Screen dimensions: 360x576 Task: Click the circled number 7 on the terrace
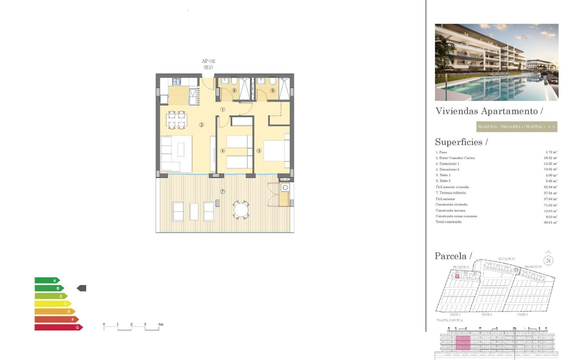[x=223, y=191]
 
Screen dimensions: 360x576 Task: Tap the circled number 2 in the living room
[x=202, y=125]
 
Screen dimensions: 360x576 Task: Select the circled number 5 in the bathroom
[x=272, y=90]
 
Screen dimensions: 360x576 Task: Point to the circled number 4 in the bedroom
[x=222, y=150]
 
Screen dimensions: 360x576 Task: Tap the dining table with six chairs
[x=177, y=120]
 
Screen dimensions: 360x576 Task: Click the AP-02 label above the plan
[x=208, y=61]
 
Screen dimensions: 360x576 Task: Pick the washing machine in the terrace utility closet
[x=285, y=187]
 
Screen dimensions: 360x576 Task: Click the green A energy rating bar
[x=47, y=280]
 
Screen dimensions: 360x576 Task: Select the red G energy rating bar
[x=58, y=327]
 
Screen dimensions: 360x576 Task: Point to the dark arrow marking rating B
[x=81, y=288]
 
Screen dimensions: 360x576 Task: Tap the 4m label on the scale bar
[x=160, y=324]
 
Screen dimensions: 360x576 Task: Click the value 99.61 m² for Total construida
[x=550, y=222]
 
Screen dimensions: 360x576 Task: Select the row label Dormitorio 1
[x=447, y=163]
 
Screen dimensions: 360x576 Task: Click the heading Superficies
[x=461, y=142]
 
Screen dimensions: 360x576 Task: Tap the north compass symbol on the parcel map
[x=548, y=260]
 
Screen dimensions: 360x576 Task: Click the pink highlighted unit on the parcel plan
[x=457, y=276]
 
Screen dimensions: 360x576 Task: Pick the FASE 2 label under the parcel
[x=487, y=315]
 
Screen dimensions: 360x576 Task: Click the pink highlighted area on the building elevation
[x=463, y=343]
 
